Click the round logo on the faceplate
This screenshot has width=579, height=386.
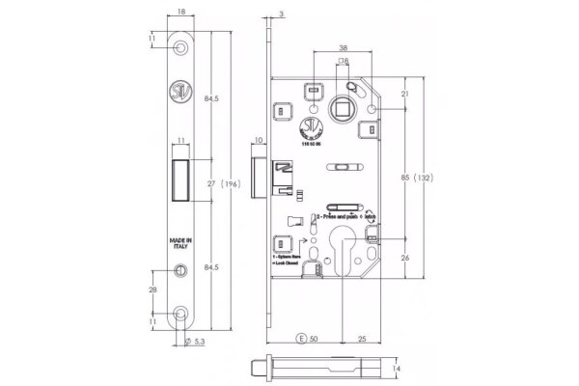click(182, 94)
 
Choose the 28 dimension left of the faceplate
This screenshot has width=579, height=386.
click(153, 290)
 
